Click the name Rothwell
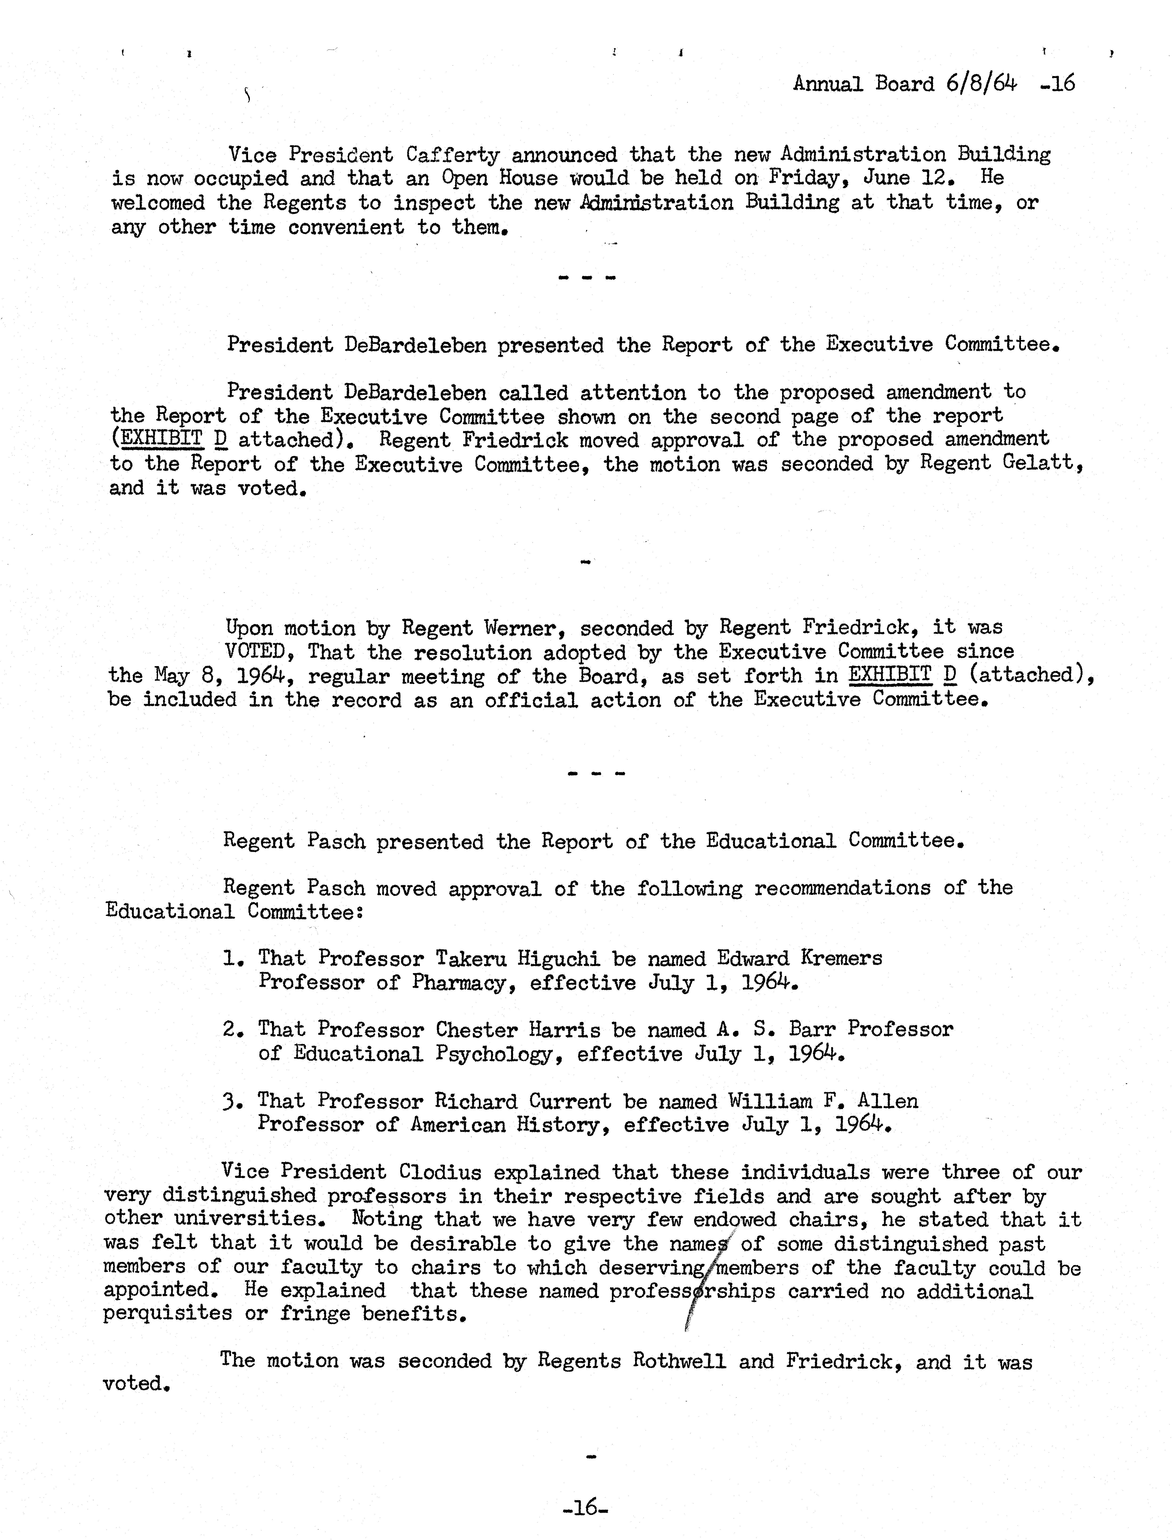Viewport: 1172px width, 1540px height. point(679,1361)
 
